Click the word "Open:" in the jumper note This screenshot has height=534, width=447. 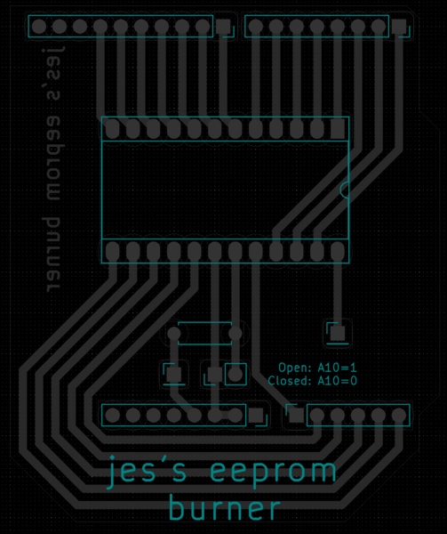coord(295,368)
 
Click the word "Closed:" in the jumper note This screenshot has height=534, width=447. coord(290,381)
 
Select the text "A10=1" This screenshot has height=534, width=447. coord(337,368)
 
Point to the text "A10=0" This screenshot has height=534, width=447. coord(337,381)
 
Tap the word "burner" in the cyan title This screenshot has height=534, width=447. coord(225,508)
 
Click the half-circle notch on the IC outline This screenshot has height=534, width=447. coord(343,189)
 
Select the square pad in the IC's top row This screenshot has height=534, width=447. coord(338,129)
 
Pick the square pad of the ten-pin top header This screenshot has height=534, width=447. coord(223,26)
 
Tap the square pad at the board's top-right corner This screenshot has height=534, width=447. coord(399,26)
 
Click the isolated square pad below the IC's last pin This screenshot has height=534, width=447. coord(338,334)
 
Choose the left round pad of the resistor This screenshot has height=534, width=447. coord(174,334)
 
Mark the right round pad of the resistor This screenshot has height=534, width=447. coord(235,334)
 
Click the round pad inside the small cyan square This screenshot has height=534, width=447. coord(235,375)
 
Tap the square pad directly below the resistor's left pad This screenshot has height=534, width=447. coord(174,375)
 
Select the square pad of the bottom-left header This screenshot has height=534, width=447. coord(256,416)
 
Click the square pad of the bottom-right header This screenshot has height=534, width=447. coord(297,416)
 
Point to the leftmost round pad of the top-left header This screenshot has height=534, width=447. coord(39,26)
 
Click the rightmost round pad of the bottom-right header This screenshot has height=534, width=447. coord(399,416)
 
